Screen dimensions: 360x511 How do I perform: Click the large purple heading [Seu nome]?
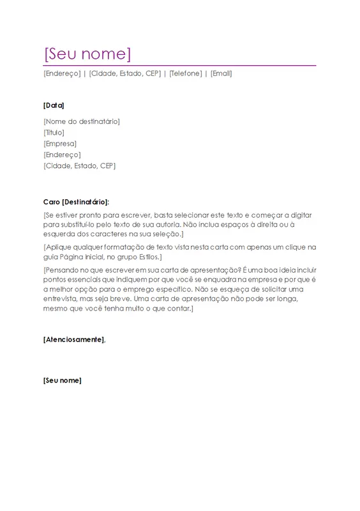coord(87,53)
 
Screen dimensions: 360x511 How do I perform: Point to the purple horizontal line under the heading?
coord(179,65)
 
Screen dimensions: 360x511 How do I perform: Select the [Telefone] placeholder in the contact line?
coord(186,73)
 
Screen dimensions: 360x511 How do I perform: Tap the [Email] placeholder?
coord(221,73)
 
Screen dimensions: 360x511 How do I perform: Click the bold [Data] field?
coord(54,105)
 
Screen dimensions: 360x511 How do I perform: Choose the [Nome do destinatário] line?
coord(82,121)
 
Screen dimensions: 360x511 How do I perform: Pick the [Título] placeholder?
coord(54,132)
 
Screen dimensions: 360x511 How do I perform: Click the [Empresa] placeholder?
coord(60,144)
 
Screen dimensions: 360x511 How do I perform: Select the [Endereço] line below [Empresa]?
coord(63,155)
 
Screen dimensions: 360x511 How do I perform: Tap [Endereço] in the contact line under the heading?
coord(62,73)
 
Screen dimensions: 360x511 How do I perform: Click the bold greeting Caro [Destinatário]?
coord(76,202)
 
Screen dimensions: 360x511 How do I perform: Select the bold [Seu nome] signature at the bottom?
coord(63,381)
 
